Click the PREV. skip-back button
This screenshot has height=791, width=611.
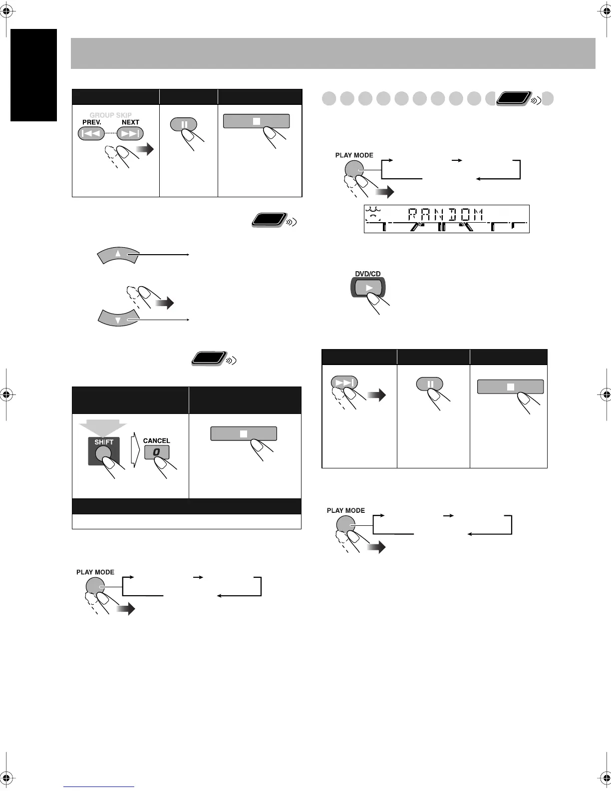[x=91, y=134]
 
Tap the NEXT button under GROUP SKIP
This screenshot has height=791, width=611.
[x=130, y=134]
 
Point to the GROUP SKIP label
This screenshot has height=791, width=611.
[x=110, y=115]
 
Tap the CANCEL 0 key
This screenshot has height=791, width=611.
[x=157, y=452]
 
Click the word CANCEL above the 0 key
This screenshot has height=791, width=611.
[x=156, y=440]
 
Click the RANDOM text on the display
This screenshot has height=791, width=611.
[x=446, y=215]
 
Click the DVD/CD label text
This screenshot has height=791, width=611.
[x=368, y=274]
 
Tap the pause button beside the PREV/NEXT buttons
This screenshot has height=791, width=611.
[x=183, y=124]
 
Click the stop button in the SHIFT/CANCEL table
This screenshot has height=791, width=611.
[x=244, y=433]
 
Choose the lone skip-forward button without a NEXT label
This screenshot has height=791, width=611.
[x=344, y=383]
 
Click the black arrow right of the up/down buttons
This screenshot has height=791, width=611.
[x=164, y=303]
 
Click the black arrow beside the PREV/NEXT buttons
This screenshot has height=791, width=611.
[x=146, y=150]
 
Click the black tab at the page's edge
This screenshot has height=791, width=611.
[x=33, y=75]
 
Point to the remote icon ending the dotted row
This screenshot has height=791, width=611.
[x=514, y=98]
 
